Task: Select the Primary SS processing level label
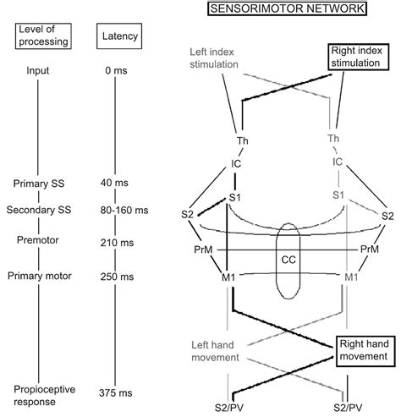click(37, 182)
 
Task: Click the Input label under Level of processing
click(37, 71)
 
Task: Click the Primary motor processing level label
click(37, 275)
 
